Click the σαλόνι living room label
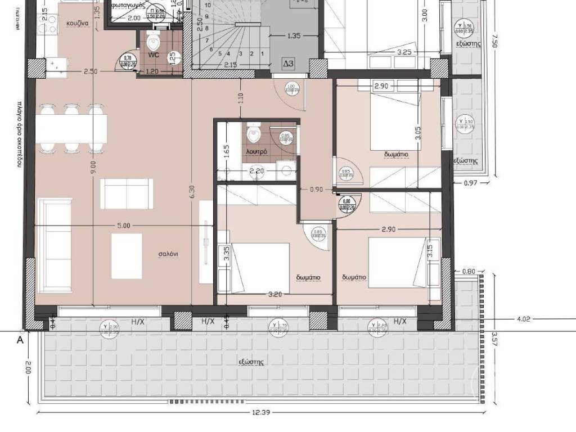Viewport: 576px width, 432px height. point(168,254)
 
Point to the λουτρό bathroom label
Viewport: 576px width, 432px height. point(255,152)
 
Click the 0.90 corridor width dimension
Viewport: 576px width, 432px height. point(317,190)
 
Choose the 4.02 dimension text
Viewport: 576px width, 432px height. point(524,319)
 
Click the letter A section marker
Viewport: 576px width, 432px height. point(20,339)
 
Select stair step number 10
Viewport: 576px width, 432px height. point(208,5)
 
